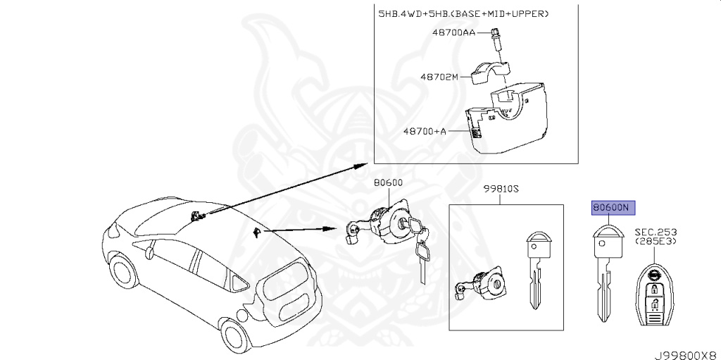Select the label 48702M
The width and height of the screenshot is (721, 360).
click(439, 77)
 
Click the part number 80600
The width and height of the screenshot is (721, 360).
click(387, 182)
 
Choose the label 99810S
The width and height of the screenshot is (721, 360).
click(501, 188)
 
